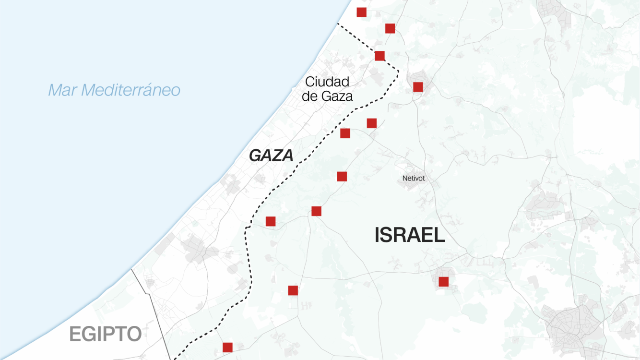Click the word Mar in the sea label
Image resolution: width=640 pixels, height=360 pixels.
62,90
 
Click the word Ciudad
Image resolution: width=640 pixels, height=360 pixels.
327,82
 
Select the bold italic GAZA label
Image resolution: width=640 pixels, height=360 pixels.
271,156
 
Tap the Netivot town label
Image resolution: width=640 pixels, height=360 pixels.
414,179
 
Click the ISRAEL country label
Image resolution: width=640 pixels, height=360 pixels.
409,235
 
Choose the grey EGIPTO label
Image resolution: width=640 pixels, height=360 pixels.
106,334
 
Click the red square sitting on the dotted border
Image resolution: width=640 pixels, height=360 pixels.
379,56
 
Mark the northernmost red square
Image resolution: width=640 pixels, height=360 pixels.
362,12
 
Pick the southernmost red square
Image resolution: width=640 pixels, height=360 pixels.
227,347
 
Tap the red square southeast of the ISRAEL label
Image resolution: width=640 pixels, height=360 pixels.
443,282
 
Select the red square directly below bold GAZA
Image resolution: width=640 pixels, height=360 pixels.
271,221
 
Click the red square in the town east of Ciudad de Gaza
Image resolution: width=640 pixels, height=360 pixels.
418,87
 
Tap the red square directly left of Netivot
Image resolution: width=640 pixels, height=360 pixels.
342,177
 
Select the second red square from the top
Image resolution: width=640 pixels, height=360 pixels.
390,28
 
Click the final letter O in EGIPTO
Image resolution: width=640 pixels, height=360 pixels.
134,334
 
